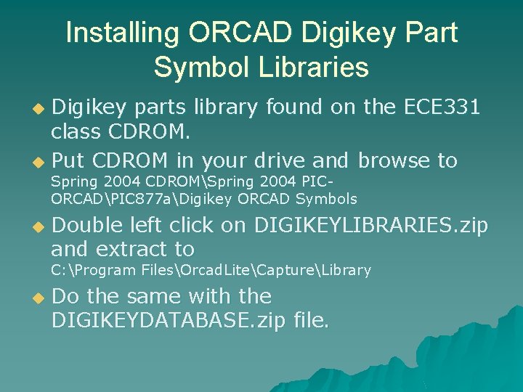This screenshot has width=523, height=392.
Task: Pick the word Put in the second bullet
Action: point(68,160)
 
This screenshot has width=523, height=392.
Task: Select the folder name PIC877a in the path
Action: point(142,198)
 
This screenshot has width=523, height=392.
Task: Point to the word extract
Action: point(133,250)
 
